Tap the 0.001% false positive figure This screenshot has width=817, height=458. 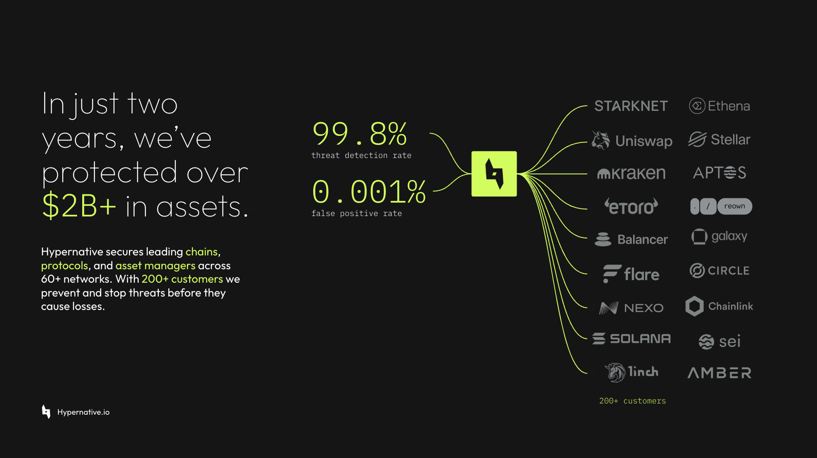coord(369,192)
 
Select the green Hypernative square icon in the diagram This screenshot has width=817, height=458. coord(494,174)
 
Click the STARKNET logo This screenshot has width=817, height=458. coord(631,106)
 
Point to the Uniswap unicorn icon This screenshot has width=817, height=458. coord(601,140)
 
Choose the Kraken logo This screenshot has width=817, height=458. coord(631,173)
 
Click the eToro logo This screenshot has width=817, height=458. coord(631,206)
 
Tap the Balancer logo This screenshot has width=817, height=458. coord(631,239)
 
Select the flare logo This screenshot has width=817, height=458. coord(631,274)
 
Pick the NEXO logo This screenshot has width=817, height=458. coord(631,308)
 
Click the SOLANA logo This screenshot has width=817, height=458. coord(631,339)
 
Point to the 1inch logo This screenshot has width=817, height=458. coord(631,372)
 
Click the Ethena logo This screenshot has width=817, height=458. coord(719,106)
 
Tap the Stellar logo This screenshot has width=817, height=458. coord(719,139)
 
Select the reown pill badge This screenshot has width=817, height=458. coord(735,206)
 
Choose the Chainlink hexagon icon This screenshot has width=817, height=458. coord(695,306)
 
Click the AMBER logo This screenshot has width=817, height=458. coord(719,373)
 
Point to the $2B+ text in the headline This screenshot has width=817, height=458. coord(79,206)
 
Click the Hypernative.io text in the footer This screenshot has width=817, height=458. coord(84,412)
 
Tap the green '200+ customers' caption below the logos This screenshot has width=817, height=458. coord(633,401)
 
